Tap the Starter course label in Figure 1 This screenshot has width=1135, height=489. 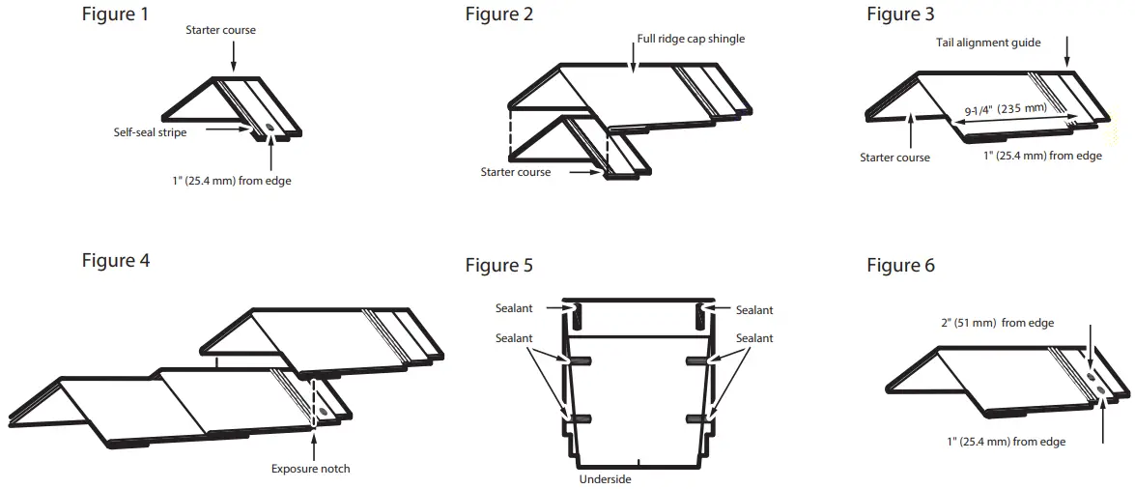coord(220,30)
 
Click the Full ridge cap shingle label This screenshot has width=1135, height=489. coord(691,39)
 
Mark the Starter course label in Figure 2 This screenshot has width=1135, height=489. coord(516,172)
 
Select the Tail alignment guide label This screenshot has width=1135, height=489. coord(987,43)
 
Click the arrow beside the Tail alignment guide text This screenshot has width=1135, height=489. coord(1067,50)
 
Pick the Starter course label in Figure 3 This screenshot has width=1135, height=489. coord(894,158)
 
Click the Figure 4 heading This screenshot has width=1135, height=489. coord(116,260)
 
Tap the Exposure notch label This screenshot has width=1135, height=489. coord(310,469)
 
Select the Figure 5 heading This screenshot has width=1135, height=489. coord(498,265)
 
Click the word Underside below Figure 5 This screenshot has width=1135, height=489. coord(605,478)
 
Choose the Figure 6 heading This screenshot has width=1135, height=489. coord(900,265)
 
